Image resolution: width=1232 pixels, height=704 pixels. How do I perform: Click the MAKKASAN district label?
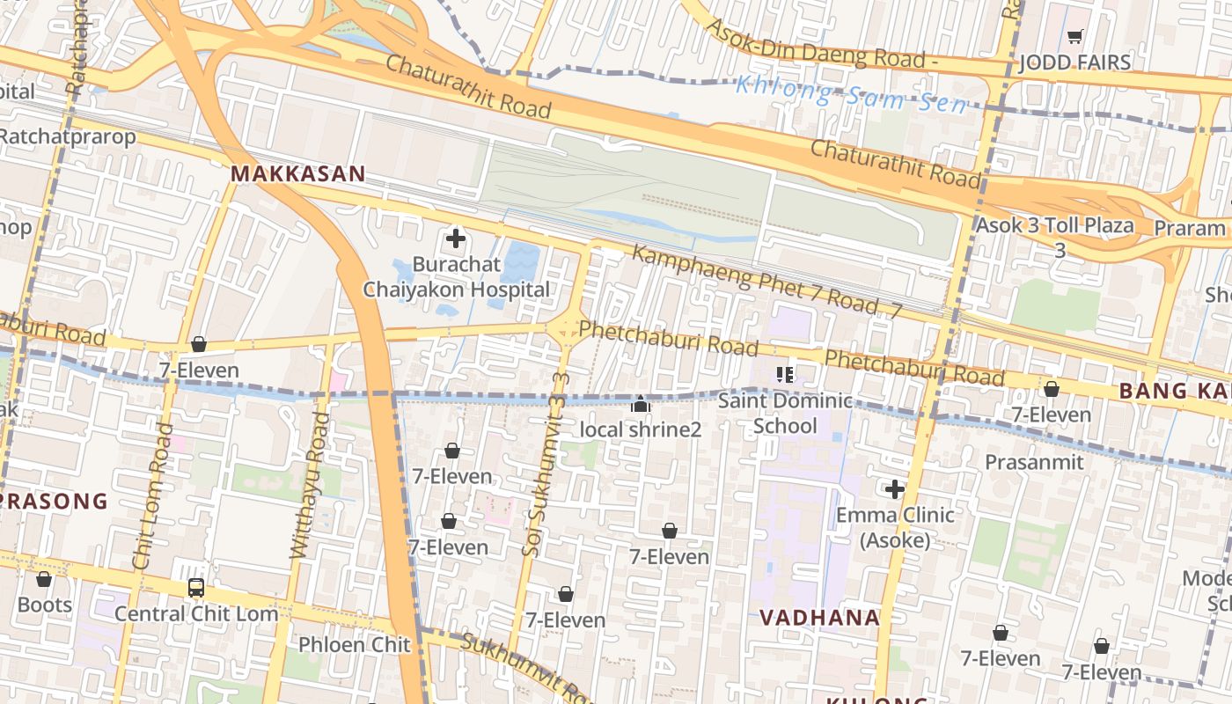click(297, 174)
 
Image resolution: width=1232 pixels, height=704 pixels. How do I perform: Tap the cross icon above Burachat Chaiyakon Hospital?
click(456, 238)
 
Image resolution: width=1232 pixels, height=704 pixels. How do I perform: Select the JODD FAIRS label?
click(1074, 62)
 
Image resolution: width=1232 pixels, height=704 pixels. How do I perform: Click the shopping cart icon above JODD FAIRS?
click(1074, 37)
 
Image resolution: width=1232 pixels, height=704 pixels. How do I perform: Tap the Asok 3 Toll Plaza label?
click(1054, 225)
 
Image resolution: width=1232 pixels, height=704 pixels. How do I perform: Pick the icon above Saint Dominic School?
click(785, 375)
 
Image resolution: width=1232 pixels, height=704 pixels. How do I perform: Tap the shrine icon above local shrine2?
click(641, 405)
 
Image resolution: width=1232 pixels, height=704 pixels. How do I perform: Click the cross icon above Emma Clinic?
click(895, 489)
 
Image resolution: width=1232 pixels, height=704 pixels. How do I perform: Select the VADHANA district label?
click(819, 618)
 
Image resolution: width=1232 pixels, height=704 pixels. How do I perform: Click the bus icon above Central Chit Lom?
click(196, 588)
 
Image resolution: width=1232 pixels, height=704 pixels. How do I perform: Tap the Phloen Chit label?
click(354, 644)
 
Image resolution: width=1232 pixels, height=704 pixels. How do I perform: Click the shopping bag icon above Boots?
click(44, 579)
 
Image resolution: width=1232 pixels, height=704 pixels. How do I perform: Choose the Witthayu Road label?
click(309, 484)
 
